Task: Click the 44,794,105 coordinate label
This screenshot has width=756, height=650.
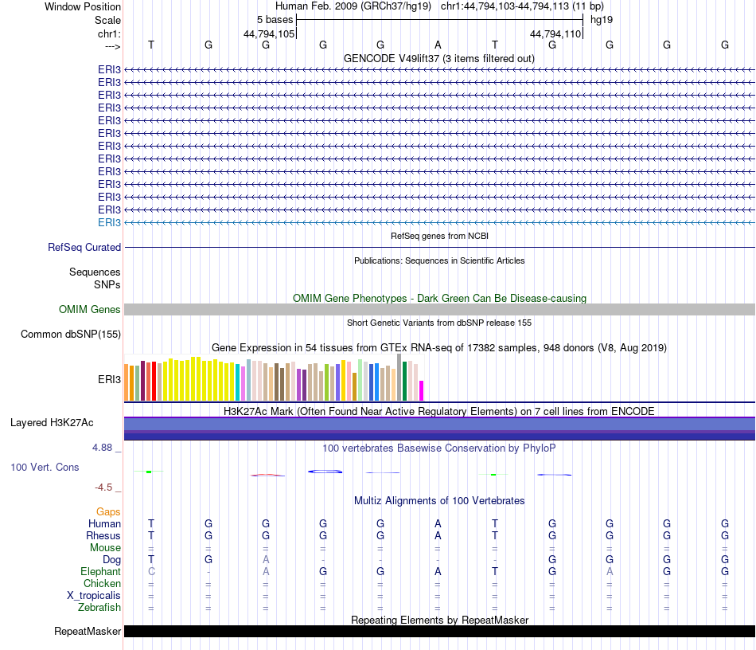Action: [x=269, y=33]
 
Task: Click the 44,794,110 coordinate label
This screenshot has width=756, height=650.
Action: [x=555, y=33]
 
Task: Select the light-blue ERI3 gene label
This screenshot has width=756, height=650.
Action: [x=109, y=222]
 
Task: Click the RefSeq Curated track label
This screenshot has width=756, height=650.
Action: [x=84, y=248]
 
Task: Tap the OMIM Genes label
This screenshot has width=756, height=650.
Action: [x=90, y=309]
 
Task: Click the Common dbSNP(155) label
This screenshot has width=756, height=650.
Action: [x=71, y=334]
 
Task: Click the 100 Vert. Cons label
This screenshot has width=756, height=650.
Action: [x=45, y=467]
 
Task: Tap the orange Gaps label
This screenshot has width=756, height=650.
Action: [x=108, y=511]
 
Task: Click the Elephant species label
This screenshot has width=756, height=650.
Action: [x=100, y=572]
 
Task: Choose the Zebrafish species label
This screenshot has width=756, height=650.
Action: [x=99, y=608]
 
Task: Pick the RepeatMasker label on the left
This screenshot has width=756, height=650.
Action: [x=88, y=632]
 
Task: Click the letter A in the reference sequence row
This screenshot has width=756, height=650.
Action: [x=438, y=45]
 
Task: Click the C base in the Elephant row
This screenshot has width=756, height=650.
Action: [x=150, y=572]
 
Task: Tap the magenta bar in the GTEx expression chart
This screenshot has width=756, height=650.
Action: [x=422, y=390]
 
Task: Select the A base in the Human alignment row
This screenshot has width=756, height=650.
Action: [x=438, y=523]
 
